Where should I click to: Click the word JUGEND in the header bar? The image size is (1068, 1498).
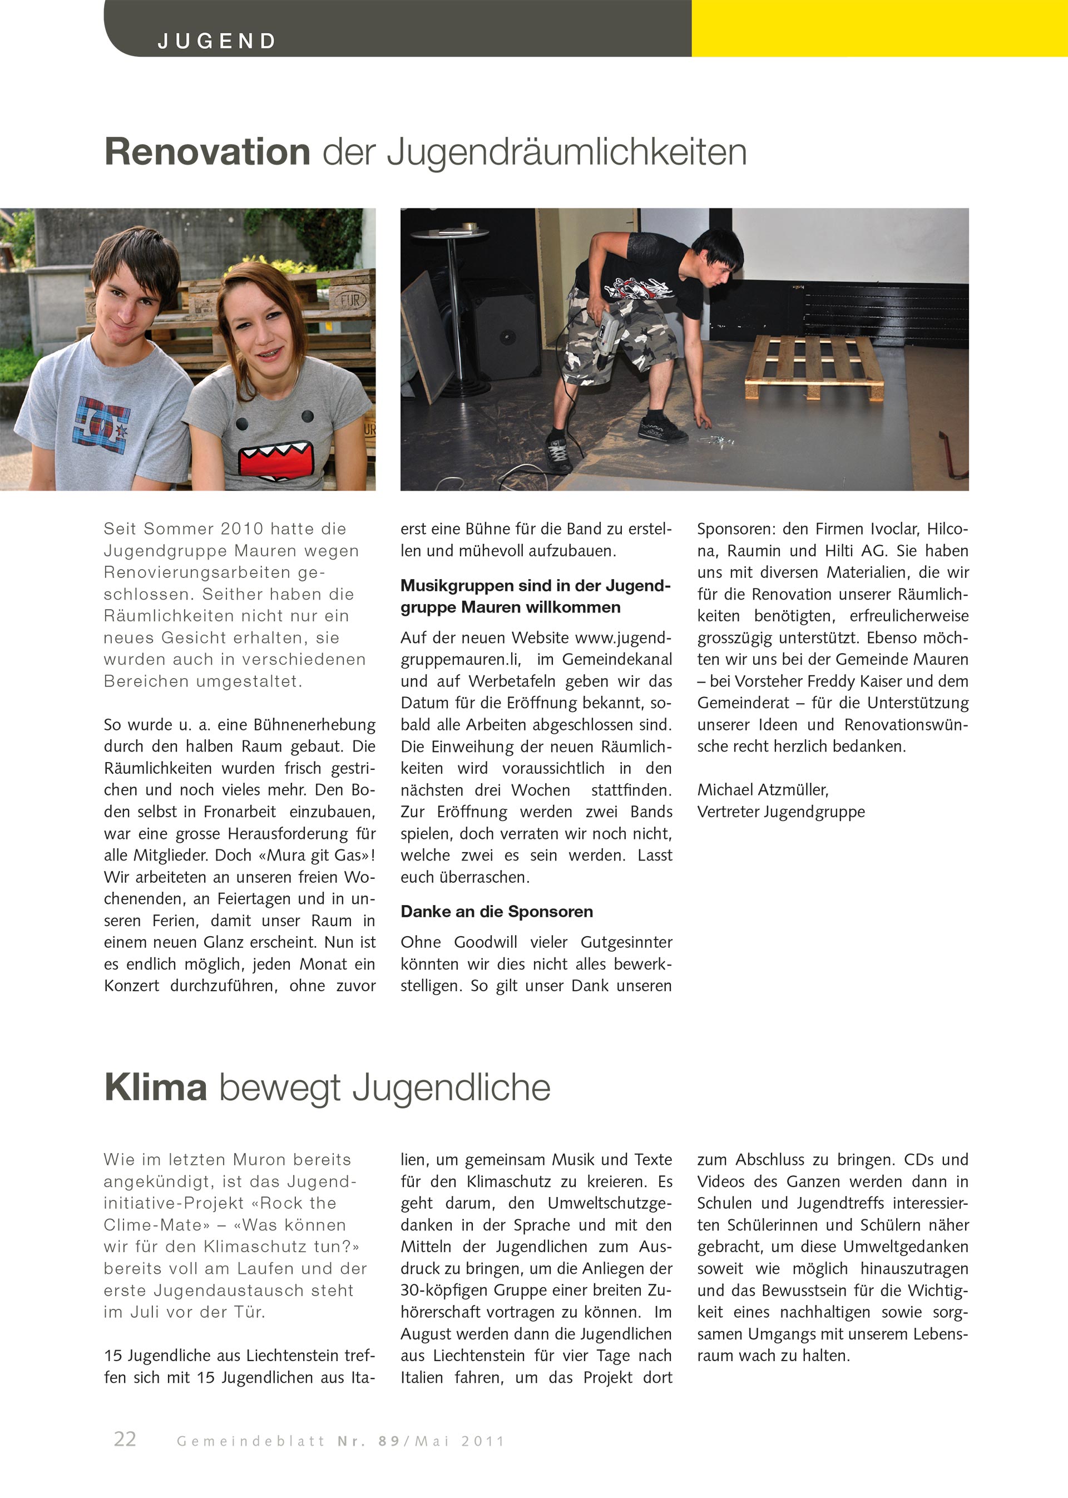216,41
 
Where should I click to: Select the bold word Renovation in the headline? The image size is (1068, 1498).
207,152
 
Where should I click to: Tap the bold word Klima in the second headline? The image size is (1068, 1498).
156,1087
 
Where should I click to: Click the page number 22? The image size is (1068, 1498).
125,1439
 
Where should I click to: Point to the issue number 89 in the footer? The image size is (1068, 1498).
389,1441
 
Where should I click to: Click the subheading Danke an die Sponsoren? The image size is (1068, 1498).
497,911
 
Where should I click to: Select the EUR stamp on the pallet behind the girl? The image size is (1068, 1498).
350,300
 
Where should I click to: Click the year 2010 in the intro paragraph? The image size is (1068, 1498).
242,528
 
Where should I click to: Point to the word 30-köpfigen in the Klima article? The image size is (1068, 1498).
444,1290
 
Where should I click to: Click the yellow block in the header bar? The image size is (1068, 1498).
879,28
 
